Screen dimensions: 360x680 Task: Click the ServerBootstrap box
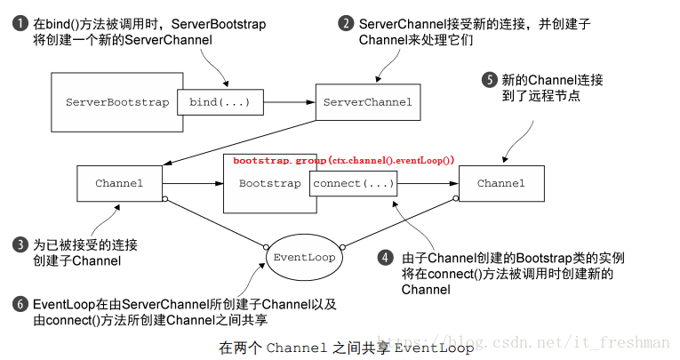tap(116, 102)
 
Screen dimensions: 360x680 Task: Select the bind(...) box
tap(220, 102)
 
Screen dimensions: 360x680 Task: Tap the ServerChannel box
tap(367, 102)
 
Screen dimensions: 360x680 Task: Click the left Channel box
tap(118, 183)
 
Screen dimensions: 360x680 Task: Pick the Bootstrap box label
tap(269, 183)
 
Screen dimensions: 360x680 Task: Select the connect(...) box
tap(353, 183)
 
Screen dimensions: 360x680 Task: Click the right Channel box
tap(500, 183)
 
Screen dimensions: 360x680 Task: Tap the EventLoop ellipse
tap(303, 257)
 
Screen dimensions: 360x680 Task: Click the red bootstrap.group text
tap(343, 160)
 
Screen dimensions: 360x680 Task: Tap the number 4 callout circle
tap(385, 258)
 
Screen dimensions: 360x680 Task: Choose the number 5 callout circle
tap(489, 79)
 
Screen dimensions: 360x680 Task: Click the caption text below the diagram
tap(346, 348)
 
